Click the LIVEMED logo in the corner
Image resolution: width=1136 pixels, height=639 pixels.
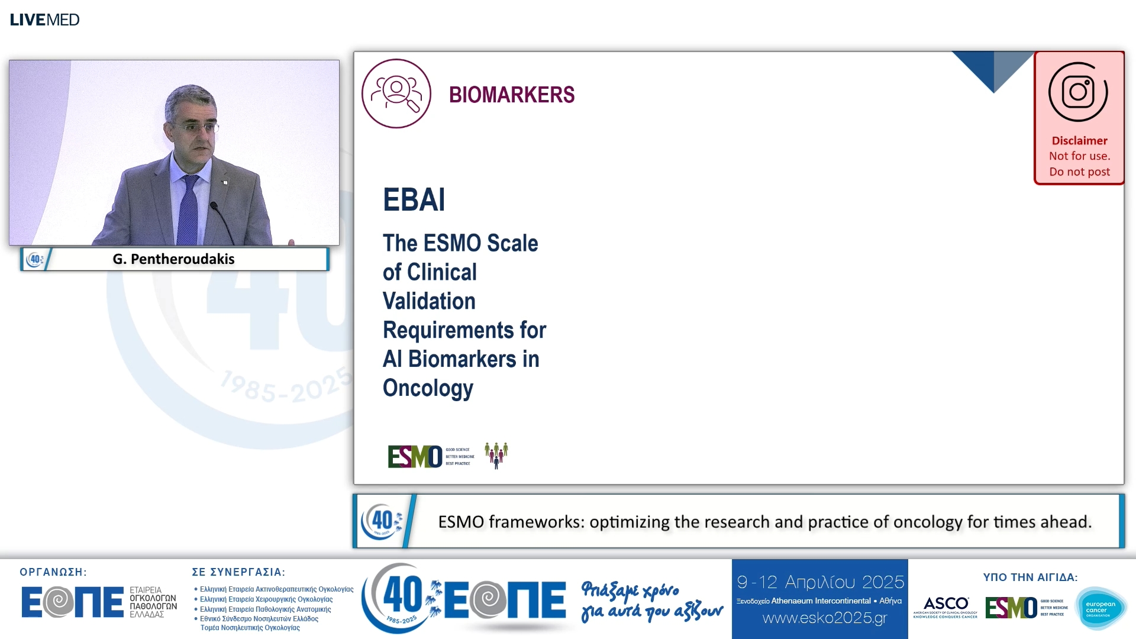tap(44, 20)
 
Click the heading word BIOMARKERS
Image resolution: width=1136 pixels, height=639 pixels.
tap(512, 95)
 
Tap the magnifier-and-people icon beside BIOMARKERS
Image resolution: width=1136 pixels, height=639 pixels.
tap(396, 93)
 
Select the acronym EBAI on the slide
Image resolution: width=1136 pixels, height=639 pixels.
tap(414, 199)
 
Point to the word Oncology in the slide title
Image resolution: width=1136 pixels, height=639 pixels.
tap(428, 388)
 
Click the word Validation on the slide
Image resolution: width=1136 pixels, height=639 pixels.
tap(429, 301)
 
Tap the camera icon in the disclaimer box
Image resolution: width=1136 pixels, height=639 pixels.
tap(1078, 92)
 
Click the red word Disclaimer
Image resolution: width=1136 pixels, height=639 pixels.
tap(1079, 141)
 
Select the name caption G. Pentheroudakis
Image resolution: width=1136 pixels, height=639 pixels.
tap(173, 259)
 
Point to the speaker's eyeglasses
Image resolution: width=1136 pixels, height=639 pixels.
tap(197, 127)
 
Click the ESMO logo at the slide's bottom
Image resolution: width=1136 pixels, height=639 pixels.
tap(415, 456)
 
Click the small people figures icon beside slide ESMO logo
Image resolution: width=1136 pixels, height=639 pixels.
tap(496, 455)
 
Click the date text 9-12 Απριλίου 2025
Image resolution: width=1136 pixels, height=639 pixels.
tap(820, 582)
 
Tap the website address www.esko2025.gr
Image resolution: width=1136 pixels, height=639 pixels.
tap(825, 618)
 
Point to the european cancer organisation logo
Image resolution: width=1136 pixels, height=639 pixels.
tap(1100, 608)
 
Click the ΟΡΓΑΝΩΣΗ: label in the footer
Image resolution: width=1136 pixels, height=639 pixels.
tap(53, 572)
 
